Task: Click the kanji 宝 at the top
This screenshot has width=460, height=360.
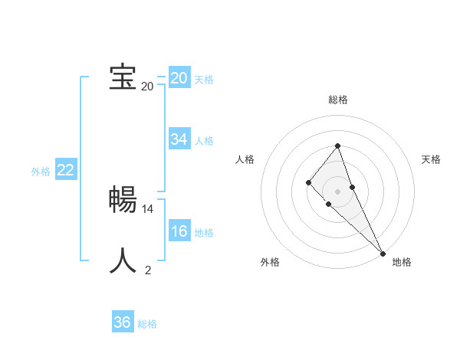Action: coord(123,77)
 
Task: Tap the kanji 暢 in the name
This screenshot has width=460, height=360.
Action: coord(123,200)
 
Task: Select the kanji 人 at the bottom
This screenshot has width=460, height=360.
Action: coord(123,261)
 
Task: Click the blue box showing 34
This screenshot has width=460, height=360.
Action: coord(179,139)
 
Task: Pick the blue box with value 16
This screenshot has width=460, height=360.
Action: coord(179,231)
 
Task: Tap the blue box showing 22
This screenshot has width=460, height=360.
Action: coord(65,170)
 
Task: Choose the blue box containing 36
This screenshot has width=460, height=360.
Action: coord(122,322)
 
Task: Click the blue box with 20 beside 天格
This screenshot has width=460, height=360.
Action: coord(179,78)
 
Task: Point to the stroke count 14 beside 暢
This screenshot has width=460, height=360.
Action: coord(148,208)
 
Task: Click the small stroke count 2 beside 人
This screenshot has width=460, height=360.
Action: coord(148,270)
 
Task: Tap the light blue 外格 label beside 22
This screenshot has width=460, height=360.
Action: coord(41,172)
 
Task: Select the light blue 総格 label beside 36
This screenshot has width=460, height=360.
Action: coord(147,324)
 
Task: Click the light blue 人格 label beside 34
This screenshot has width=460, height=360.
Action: coord(205,141)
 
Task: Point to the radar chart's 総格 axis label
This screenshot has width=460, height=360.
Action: coord(338,100)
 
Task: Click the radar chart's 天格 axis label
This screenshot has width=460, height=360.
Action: coord(431,159)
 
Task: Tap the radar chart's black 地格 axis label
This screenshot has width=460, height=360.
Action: coord(402,262)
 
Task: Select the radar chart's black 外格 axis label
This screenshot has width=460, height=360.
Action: coord(270,262)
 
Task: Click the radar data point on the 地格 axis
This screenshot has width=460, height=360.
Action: coord(383,253)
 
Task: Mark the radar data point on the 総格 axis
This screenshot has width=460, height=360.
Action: coord(337,146)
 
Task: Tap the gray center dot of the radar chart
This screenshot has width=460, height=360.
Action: coord(337,191)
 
